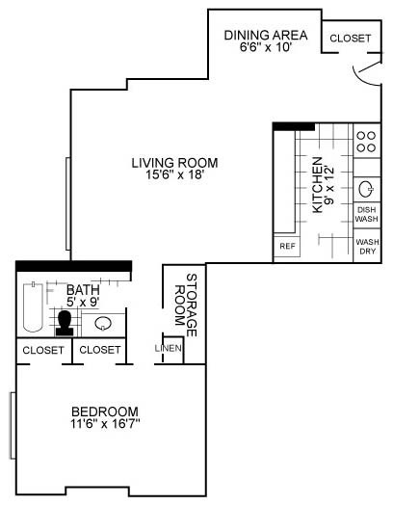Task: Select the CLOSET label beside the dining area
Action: pyautogui.click(x=349, y=38)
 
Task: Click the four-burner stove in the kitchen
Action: pyautogui.click(x=366, y=143)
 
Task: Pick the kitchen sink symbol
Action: pyautogui.click(x=367, y=188)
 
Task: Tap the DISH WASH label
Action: pyautogui.click(x=366, y=214)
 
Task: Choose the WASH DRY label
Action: pyautogui.click(x=366, y=247)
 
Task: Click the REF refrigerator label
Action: pyautogui.click(x=286, y=247)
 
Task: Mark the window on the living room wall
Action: pyautogui.click(x=66, y=202)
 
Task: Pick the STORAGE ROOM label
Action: pyautogui.click(x=184, y=306)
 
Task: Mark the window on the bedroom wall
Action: pyautogui.click(x=12, y=425)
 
